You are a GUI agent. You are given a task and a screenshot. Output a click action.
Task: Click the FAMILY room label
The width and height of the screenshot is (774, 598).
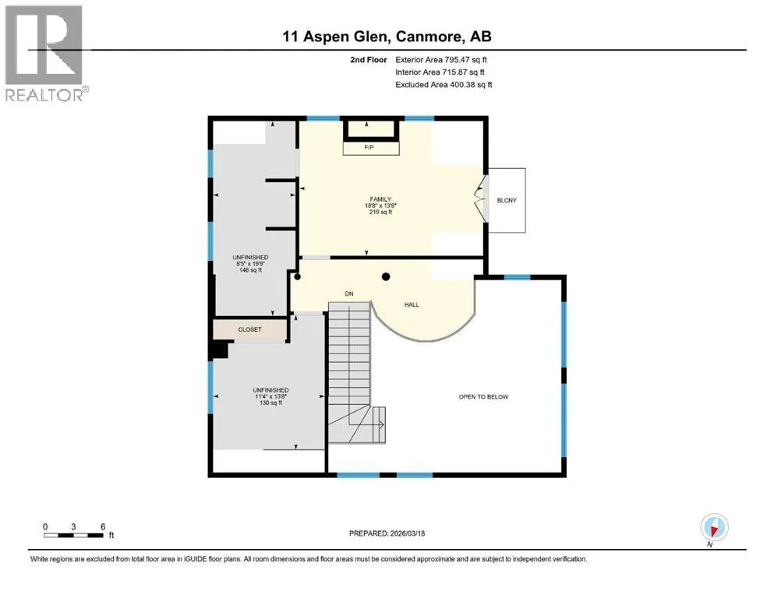point(380,199)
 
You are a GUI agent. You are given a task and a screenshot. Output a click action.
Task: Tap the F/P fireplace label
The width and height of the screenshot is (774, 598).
point(369,147)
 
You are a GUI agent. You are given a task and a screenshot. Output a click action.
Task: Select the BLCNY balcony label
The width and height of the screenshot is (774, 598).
point(507,200)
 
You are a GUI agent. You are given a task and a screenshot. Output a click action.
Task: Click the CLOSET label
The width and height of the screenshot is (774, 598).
point(249,329)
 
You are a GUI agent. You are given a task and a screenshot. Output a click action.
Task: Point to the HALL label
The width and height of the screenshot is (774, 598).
point(412,304)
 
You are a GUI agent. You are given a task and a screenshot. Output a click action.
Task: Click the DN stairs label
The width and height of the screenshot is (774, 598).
point(349,294)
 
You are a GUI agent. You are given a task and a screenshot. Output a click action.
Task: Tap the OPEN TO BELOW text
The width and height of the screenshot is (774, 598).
point(483,396)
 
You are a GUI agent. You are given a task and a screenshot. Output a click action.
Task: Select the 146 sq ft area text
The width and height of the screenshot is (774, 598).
point(250,270)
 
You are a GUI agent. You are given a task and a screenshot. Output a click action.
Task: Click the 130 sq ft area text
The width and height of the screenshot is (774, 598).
point(270,403)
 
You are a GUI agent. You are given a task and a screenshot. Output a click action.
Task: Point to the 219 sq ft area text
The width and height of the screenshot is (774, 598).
point(380,212)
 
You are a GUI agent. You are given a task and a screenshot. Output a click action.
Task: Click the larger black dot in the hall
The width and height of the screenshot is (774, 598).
point(386,276)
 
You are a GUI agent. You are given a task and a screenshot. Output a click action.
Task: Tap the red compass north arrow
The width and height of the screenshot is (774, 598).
point(712,530)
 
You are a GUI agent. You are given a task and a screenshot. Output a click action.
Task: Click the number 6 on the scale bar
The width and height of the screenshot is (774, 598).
point(103,526)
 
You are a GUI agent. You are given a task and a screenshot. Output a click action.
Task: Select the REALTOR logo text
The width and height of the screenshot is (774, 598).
point(44,95)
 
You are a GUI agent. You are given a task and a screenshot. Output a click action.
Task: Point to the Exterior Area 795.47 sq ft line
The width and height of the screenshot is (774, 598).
point(441,60)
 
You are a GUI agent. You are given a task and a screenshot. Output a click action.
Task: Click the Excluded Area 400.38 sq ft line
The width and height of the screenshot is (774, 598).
point(444,84)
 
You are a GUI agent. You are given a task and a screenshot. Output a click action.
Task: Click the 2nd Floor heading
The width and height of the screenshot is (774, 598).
point(368,60)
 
